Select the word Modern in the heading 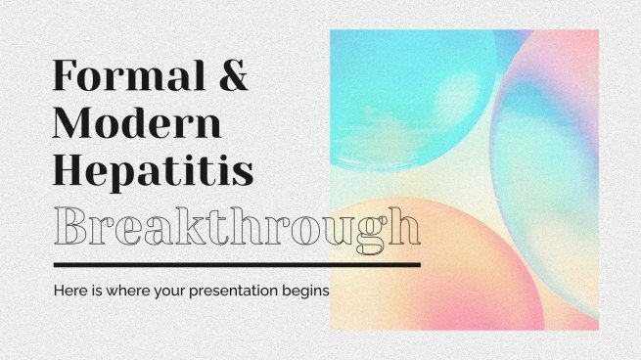pyautogui.click(x=137, y=125)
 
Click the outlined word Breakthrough pyautogui.click(x=236, y=228)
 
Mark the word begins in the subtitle pyautogui.click(x=304, y=291)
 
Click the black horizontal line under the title pyautogui.click(x=236, y=264)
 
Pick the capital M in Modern pyautogui.click(x=73, y=125)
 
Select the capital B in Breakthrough pyautogui.click(x=71, y=228)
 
